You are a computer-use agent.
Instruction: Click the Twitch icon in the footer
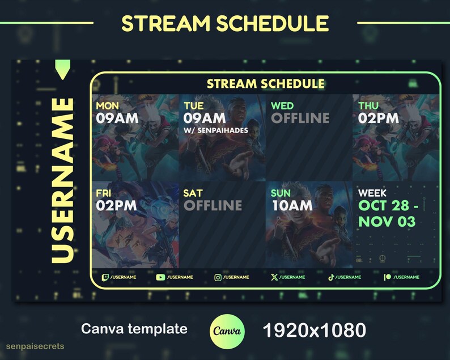(x=105, y=277)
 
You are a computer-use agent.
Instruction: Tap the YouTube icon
(x=160, y=277)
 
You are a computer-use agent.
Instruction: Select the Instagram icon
(x=218, y=277)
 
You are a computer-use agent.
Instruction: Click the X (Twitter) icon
(x=274, y=277)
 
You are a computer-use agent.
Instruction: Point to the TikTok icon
(x=331, y=277)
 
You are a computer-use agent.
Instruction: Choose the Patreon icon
(x=388, y=277)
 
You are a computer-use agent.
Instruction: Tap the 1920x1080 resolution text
(x=314, y=329)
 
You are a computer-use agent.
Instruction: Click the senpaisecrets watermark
(x=35, y=346)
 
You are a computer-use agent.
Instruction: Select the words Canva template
(x=134, y=329)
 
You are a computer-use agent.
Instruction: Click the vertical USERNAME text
(x=62, y=181)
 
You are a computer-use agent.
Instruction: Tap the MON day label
(x=108, y=106)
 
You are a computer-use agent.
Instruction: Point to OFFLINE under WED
(x=300, y=118)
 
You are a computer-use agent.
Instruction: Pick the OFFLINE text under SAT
(x=213, y=205)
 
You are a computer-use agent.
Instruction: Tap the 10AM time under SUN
(x=292, y=205)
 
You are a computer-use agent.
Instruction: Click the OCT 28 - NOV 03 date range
(x=387, y=213)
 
